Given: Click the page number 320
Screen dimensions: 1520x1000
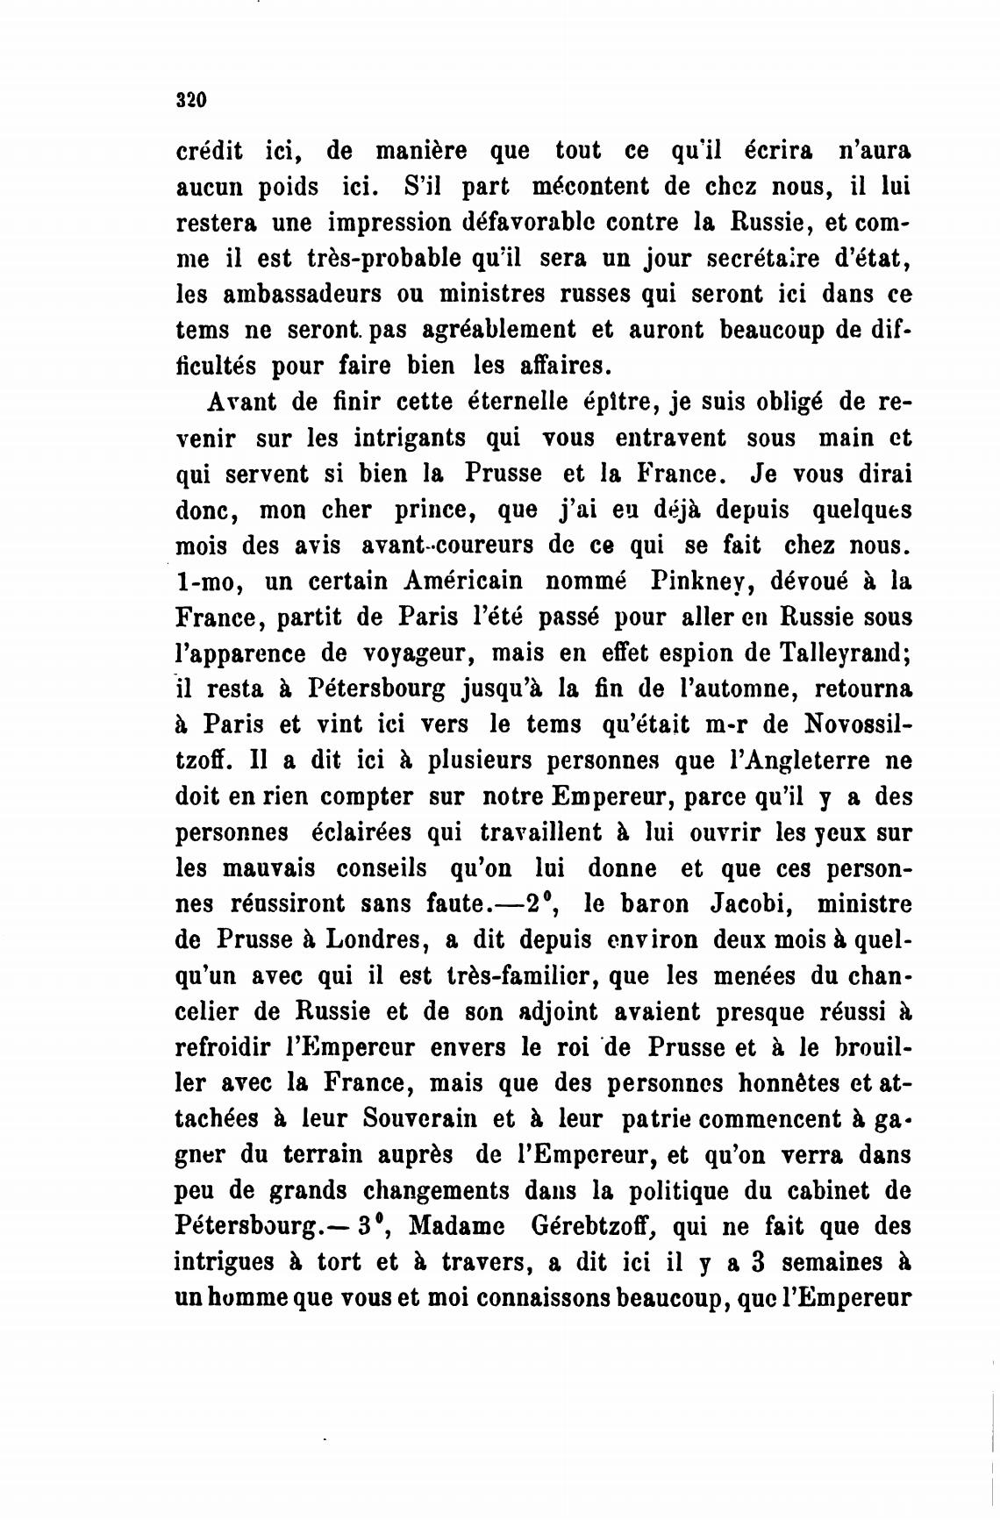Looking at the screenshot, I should pos(190,99).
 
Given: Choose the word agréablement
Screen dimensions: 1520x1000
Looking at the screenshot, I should pos(499,330).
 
